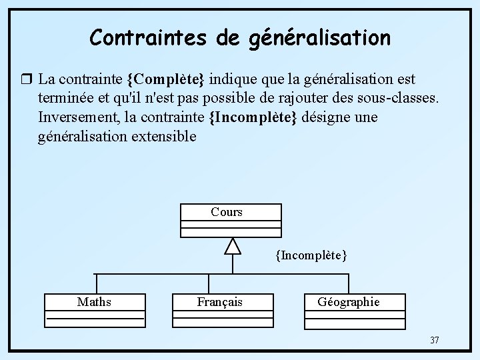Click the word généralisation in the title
[319, 39]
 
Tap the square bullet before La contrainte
[27, 79]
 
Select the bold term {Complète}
[165, 79]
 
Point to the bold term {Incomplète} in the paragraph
[254, 118]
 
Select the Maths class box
[95, 310]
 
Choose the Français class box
[221, 310]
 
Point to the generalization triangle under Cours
[231, 246]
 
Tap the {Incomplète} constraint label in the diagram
[311, 255]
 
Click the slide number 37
[434, 341]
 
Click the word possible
[230, 99]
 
